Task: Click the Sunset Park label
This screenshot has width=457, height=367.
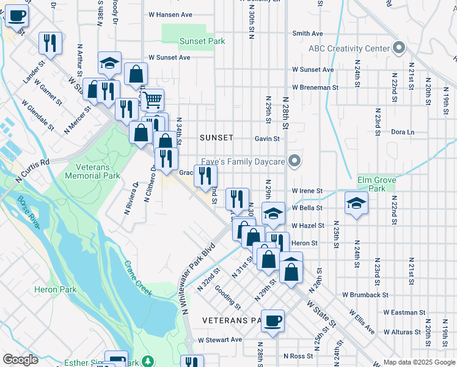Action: point(202,42)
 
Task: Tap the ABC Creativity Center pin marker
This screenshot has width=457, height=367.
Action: point(399,48)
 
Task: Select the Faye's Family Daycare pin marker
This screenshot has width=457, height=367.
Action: point(294,161)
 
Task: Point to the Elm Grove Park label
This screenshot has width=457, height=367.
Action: point(376,185)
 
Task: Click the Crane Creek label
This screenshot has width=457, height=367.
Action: point(137,279)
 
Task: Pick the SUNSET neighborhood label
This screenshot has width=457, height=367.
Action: point(216,138)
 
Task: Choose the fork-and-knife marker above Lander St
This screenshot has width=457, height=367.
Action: point(49,42)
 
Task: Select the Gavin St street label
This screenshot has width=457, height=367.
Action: point(267,139)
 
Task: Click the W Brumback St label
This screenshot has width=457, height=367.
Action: point(365,295)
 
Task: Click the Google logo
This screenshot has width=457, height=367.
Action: point(20,360)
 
